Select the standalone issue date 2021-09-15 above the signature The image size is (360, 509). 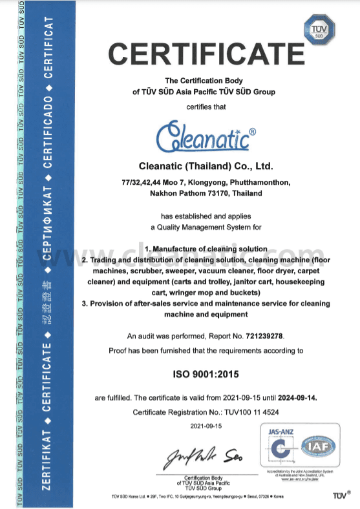[206, 426]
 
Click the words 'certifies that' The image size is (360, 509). [203, 107]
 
